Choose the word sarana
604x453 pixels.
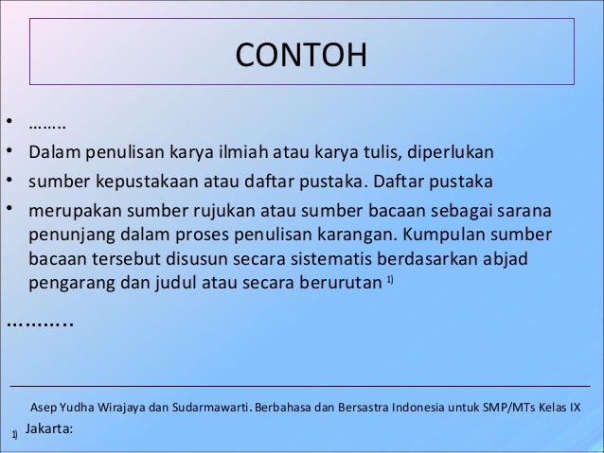(527, 209)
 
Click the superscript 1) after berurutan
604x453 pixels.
(390, 279)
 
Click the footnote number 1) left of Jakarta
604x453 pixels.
(14, 434)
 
